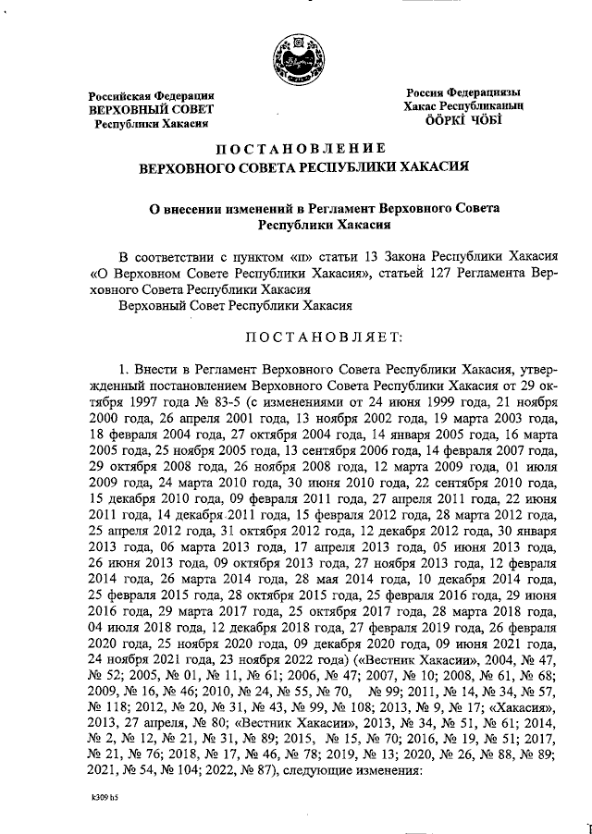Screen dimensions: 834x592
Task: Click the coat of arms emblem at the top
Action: pyautogui.click(x=296, y=56)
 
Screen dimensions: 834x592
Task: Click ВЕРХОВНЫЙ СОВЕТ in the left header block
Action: pyautogui.click(x=152, y=109)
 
